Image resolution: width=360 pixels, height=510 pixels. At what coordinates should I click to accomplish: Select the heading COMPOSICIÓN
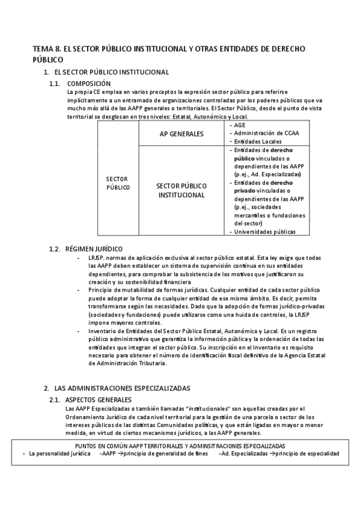[x=89, y=84]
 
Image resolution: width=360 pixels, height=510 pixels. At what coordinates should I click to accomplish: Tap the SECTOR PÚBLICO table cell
[x=118, y=183]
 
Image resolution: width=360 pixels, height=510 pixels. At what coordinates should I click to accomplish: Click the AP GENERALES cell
[x=182, y=134]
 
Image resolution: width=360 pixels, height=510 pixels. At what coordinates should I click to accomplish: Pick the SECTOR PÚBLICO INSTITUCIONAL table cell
[x=182, y=191]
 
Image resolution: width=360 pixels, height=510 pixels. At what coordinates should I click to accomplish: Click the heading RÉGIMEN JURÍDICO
[x=95, y=248]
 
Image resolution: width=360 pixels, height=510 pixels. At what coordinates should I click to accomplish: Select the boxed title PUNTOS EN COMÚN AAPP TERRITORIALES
[x=180, y=446]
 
